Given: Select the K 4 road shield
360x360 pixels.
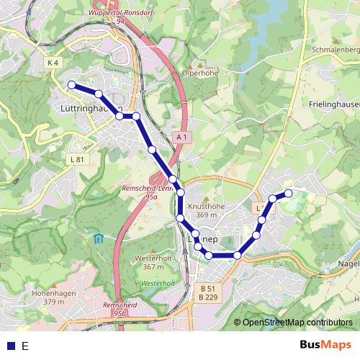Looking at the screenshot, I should (53, 63).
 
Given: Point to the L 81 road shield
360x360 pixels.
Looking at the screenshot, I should (78, 159).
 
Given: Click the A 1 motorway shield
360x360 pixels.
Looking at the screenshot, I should (181, 136).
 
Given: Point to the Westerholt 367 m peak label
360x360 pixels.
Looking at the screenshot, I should (159, 262).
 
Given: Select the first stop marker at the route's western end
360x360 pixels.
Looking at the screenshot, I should (72, 85).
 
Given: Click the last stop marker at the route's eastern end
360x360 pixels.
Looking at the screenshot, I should (288, 192).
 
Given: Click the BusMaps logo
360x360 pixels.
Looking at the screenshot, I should (326, 345).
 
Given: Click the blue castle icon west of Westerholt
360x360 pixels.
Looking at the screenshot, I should (98, 239).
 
